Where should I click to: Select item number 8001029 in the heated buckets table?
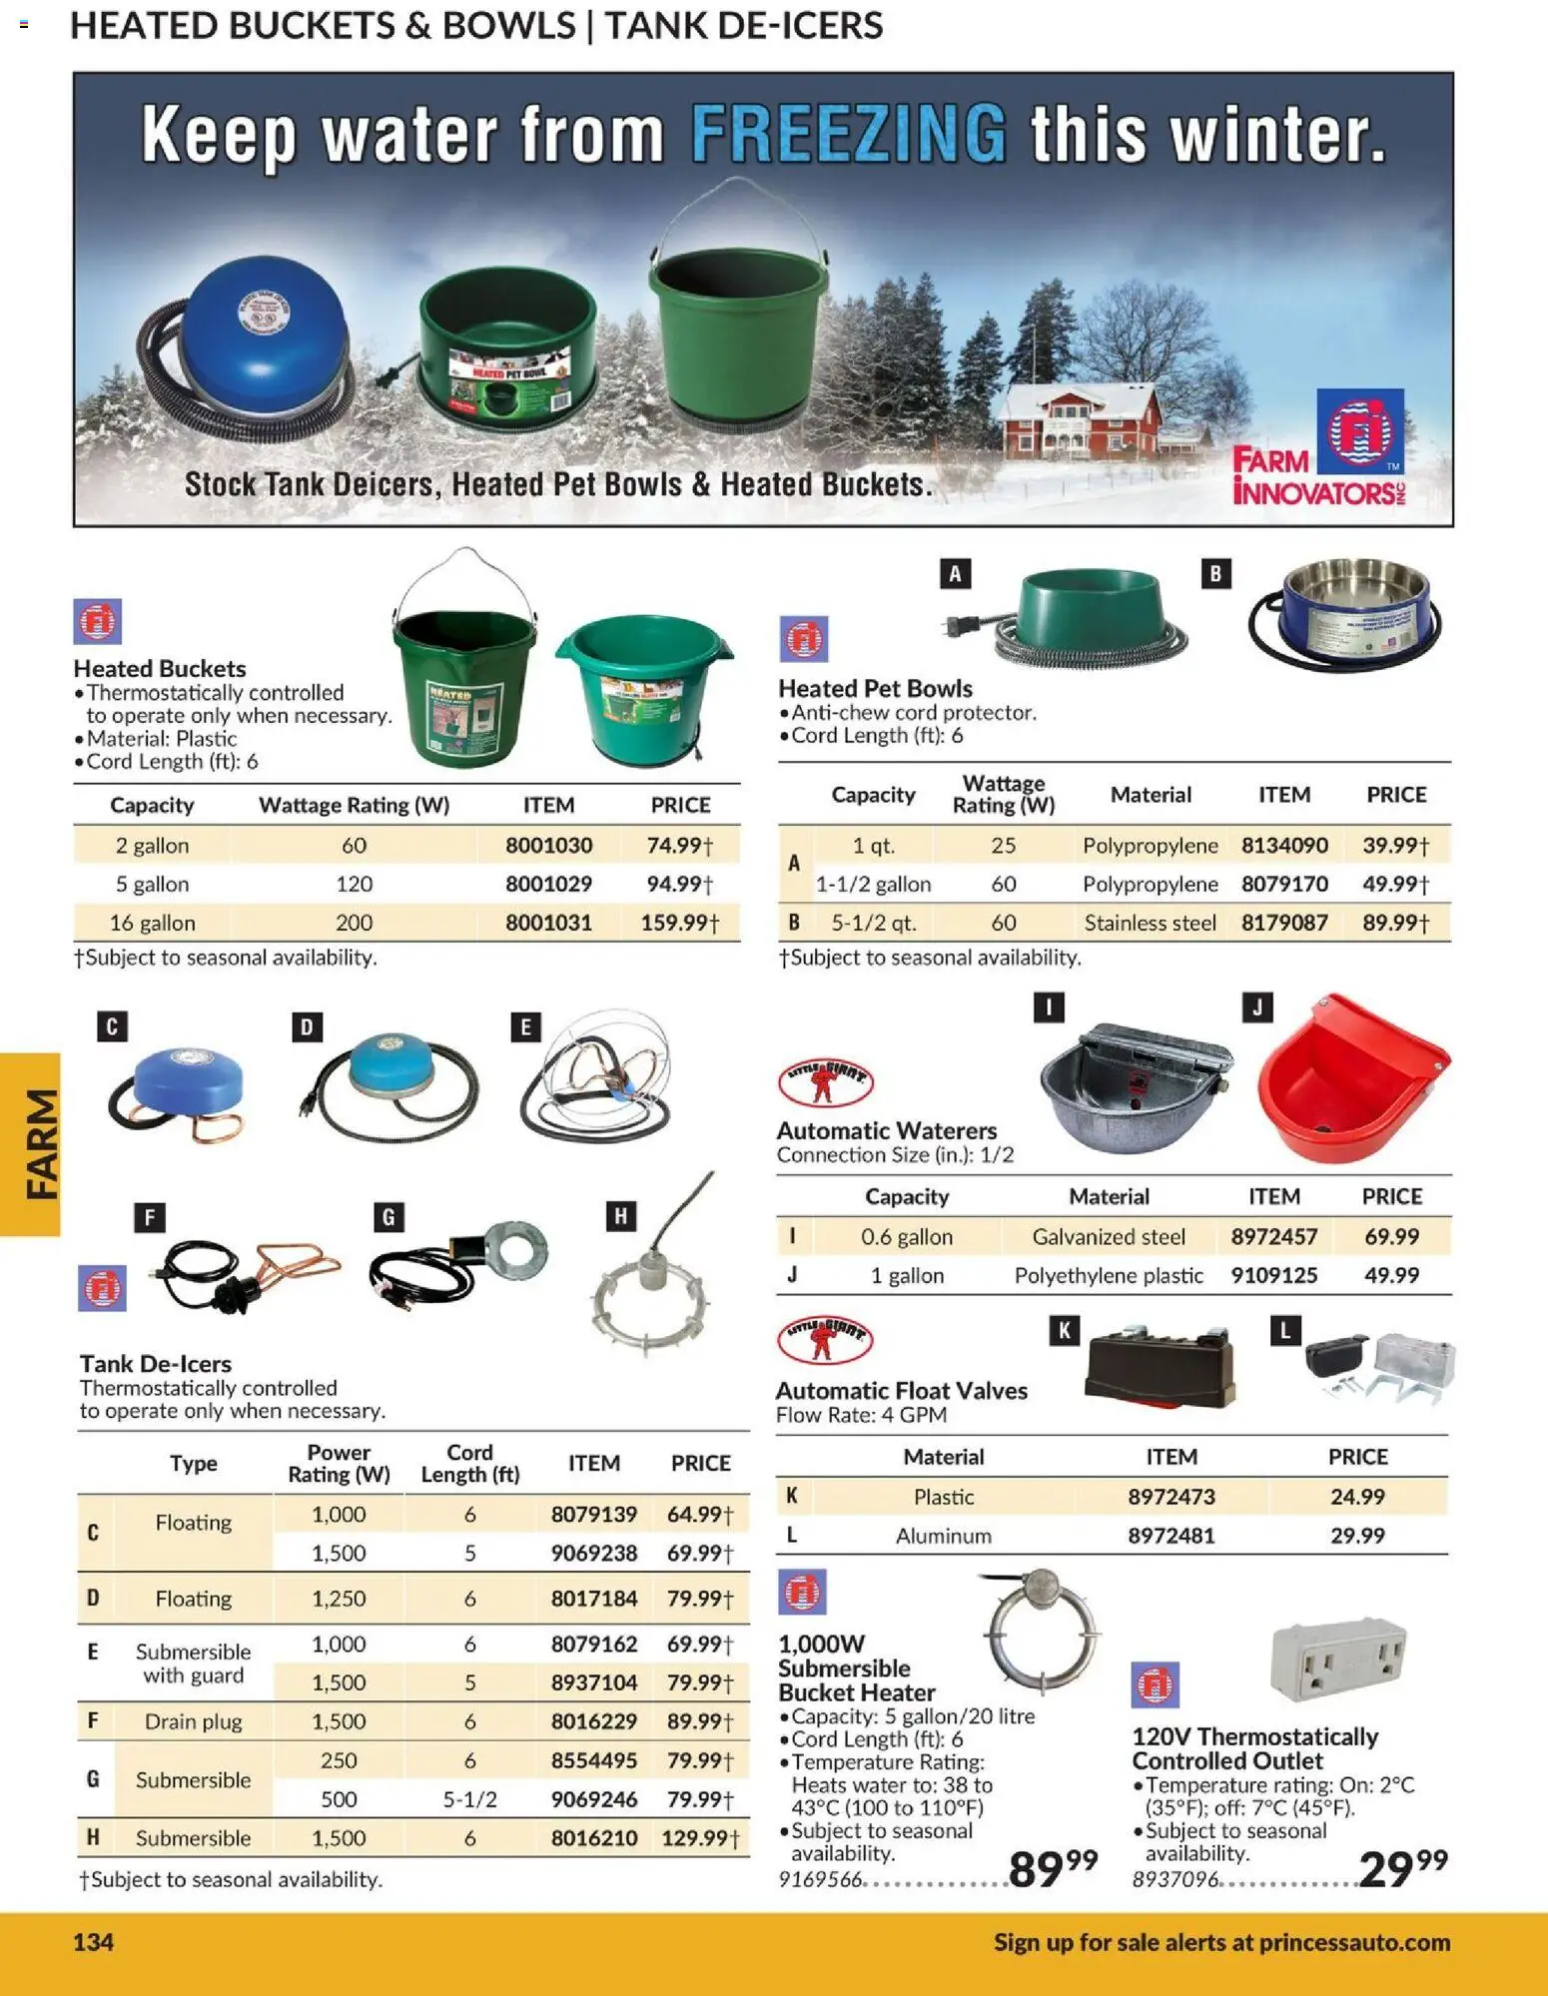tap(548, 884)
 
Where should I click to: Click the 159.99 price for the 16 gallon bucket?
tap(679, 923)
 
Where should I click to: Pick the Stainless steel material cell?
tap(1150, 923)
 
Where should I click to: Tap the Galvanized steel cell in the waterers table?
tap(1109, 1236)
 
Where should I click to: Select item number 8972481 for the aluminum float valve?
tap(1171, 1536)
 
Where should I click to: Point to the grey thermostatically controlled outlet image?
tap(1338, 1659)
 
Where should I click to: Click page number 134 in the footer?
tap(94, 1942)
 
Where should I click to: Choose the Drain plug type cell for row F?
tap(193, 1721)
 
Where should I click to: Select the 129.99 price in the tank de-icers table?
tap(699, 1838)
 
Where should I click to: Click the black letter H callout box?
tap(620, 1216)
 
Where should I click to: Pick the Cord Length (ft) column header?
tap(469, 1463)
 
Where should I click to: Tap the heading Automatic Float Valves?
tap(901, 1390)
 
